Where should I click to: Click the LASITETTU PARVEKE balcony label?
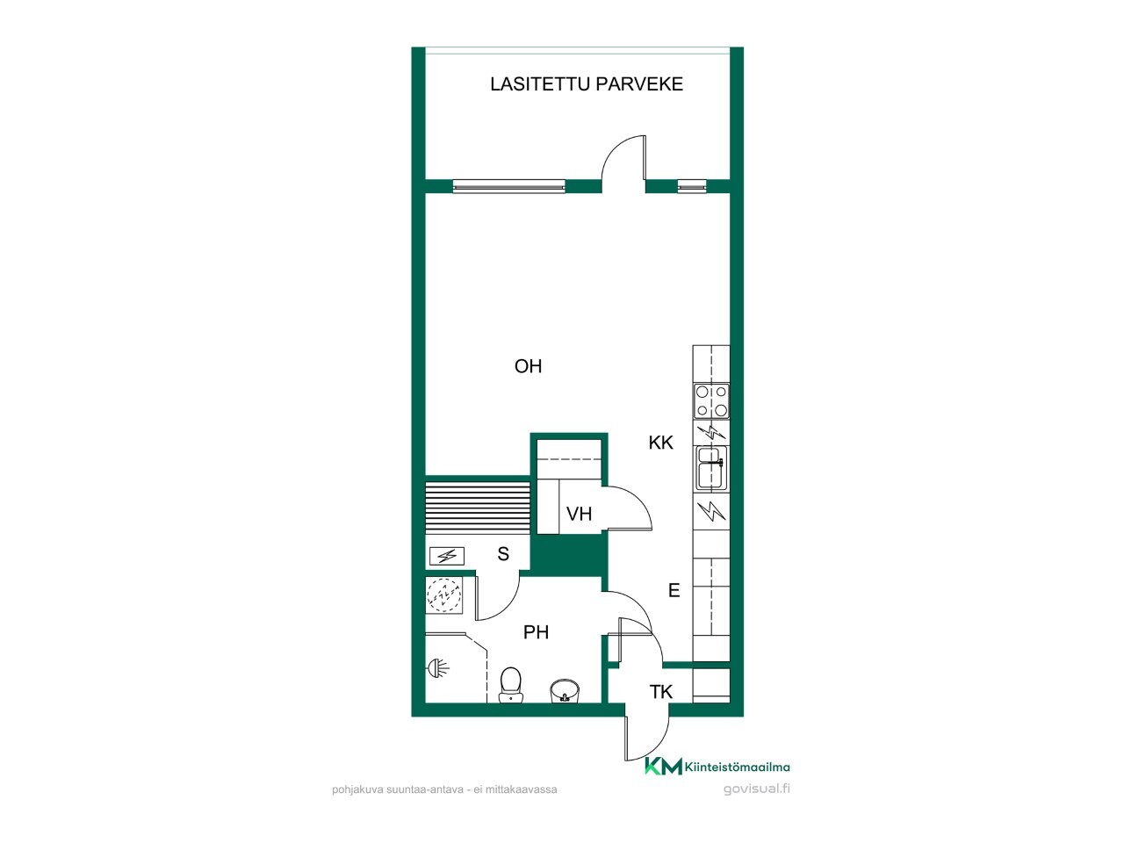click(587, 84)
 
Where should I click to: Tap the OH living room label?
click(528, 366)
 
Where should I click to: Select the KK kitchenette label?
click(660, 443)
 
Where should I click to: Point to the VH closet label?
click(580, 514)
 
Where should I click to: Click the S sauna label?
click(503, 554)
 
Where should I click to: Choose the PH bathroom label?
click(537, 632)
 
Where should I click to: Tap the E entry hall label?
click(674, 591)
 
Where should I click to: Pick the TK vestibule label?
click(660, 692)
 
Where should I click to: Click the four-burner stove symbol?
click(711, 400)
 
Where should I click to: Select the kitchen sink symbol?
click(711, 467)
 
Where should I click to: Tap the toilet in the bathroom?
click(510, 685)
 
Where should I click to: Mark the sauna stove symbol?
click(447, 556)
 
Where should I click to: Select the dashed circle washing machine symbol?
click(444, 594)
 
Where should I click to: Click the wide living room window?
click(509, 186)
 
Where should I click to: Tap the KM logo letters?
click(663, 767)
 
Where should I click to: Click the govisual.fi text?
click(756, 789)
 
